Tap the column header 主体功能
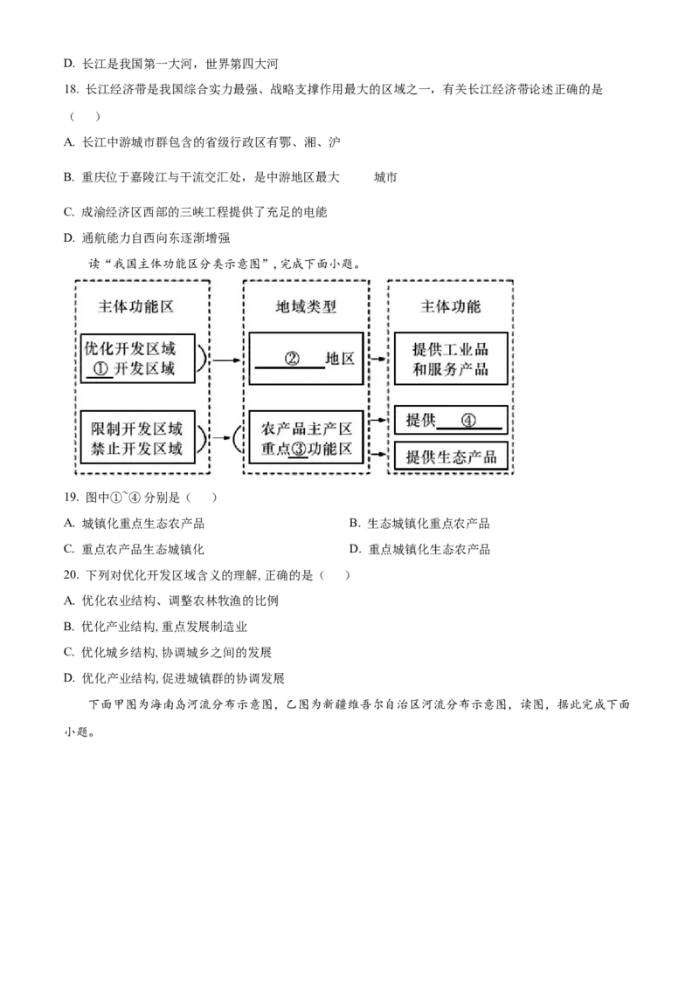click(451, 307)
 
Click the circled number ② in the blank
click(293, 358)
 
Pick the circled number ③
click(298, 449)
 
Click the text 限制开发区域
click(137, 429)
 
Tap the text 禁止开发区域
click(137, 449)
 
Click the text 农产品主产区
click(306, 429)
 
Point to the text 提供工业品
click(451, 349)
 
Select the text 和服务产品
click(451, 369)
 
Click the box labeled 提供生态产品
click(451, 456)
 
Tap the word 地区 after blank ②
click(340, 358)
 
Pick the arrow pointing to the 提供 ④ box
click(379, 421)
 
